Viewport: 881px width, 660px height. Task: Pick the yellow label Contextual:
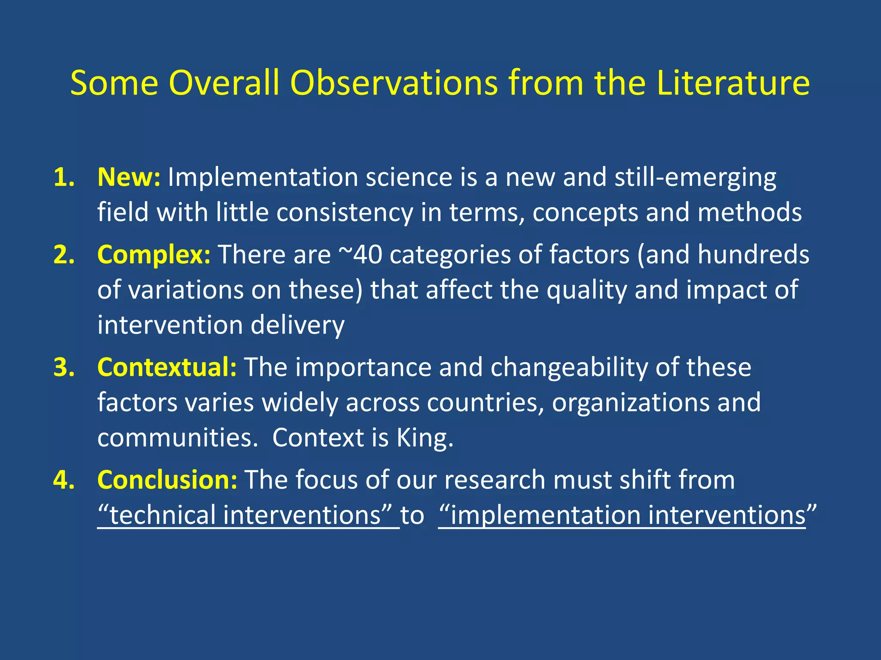167,367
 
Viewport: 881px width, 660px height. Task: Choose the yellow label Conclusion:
167,480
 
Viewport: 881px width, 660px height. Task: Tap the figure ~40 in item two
360,254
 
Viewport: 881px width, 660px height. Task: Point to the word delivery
297,325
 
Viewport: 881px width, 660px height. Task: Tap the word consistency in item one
344,213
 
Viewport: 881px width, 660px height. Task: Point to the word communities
177,438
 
